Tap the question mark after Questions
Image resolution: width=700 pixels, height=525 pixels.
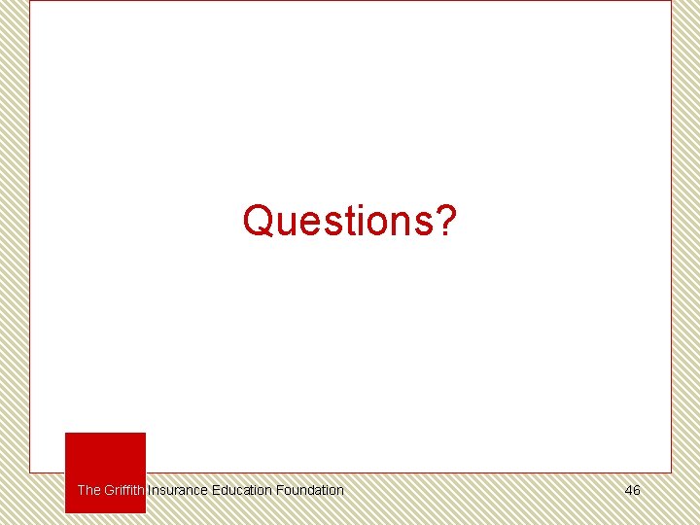coord(445,221)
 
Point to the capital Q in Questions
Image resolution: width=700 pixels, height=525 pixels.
coord(258,221)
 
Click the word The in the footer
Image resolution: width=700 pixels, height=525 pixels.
coord(88,490)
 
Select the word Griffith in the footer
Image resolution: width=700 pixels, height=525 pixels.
coord(124,490)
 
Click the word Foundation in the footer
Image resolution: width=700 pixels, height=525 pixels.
coord(309,490)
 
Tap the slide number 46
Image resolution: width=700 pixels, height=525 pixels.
coord(632,490)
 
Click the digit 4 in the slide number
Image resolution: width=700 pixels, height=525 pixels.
coord(628,490)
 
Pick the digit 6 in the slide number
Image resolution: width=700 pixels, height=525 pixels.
coord(637,490)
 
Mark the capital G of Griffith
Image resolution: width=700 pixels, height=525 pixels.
coord(109,490)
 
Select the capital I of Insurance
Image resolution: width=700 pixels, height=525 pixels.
coord(150,490)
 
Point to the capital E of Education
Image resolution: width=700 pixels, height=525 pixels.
coord(216,490)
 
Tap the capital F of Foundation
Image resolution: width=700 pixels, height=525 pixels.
coord(279,490)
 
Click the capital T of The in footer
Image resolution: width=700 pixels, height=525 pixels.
coord(81,490)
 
